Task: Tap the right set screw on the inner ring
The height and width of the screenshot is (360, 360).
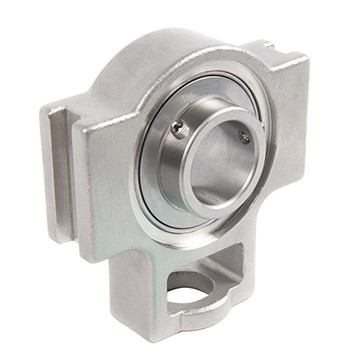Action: [x=244, y=137]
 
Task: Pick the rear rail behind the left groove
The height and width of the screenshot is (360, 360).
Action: [x=50, y=150]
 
